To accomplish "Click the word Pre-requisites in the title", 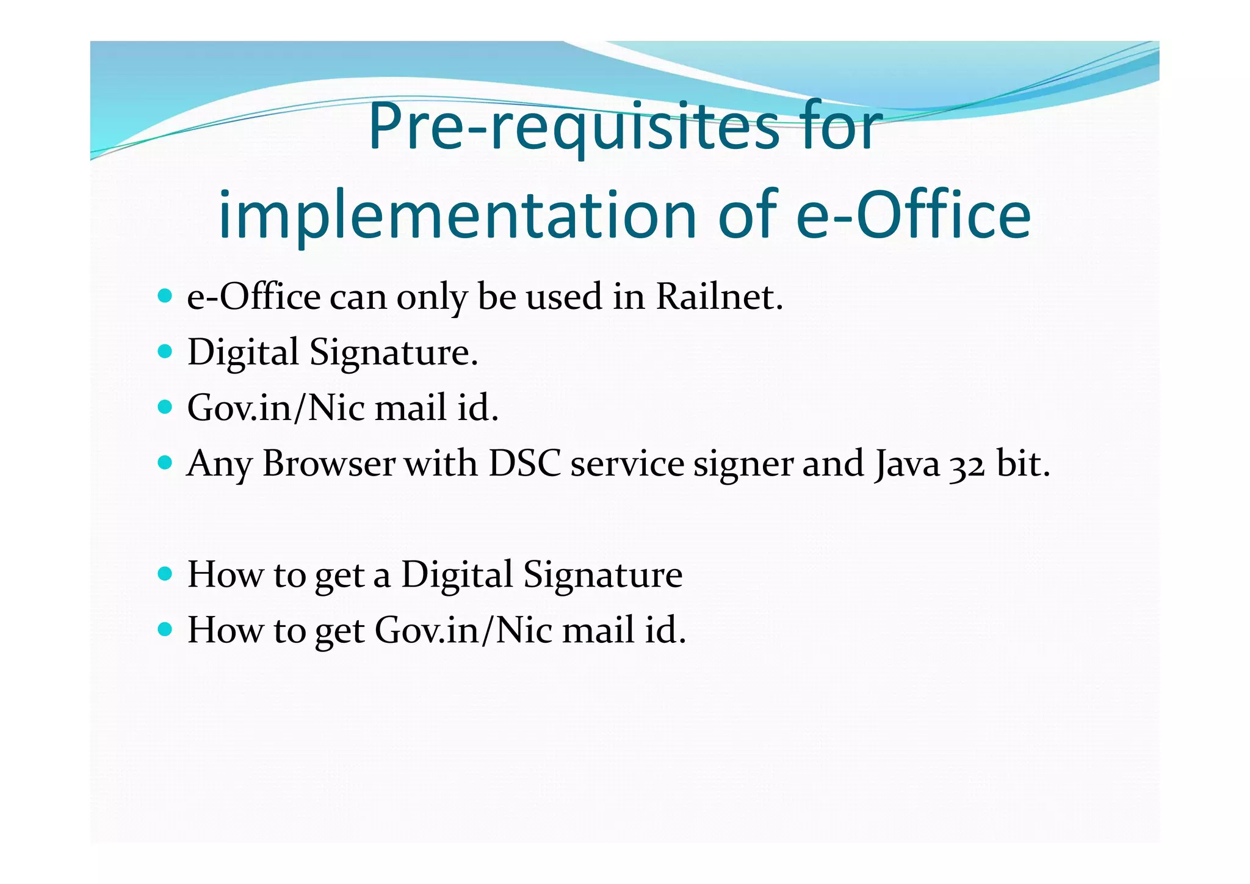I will tap(574, 127).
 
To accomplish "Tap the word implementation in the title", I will tap(457, 215).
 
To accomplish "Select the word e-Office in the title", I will tap(913, 215).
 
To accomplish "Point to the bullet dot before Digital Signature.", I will tap(164, 352).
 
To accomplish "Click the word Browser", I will tap(329, 464).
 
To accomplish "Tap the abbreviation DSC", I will tap(524, 464).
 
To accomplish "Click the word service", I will tap(627, 464).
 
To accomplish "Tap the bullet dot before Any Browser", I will tap(164, 463).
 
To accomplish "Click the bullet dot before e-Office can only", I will tap(164, 296).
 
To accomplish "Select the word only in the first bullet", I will tap(432, 298).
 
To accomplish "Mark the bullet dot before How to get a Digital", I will tap(164, 574).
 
